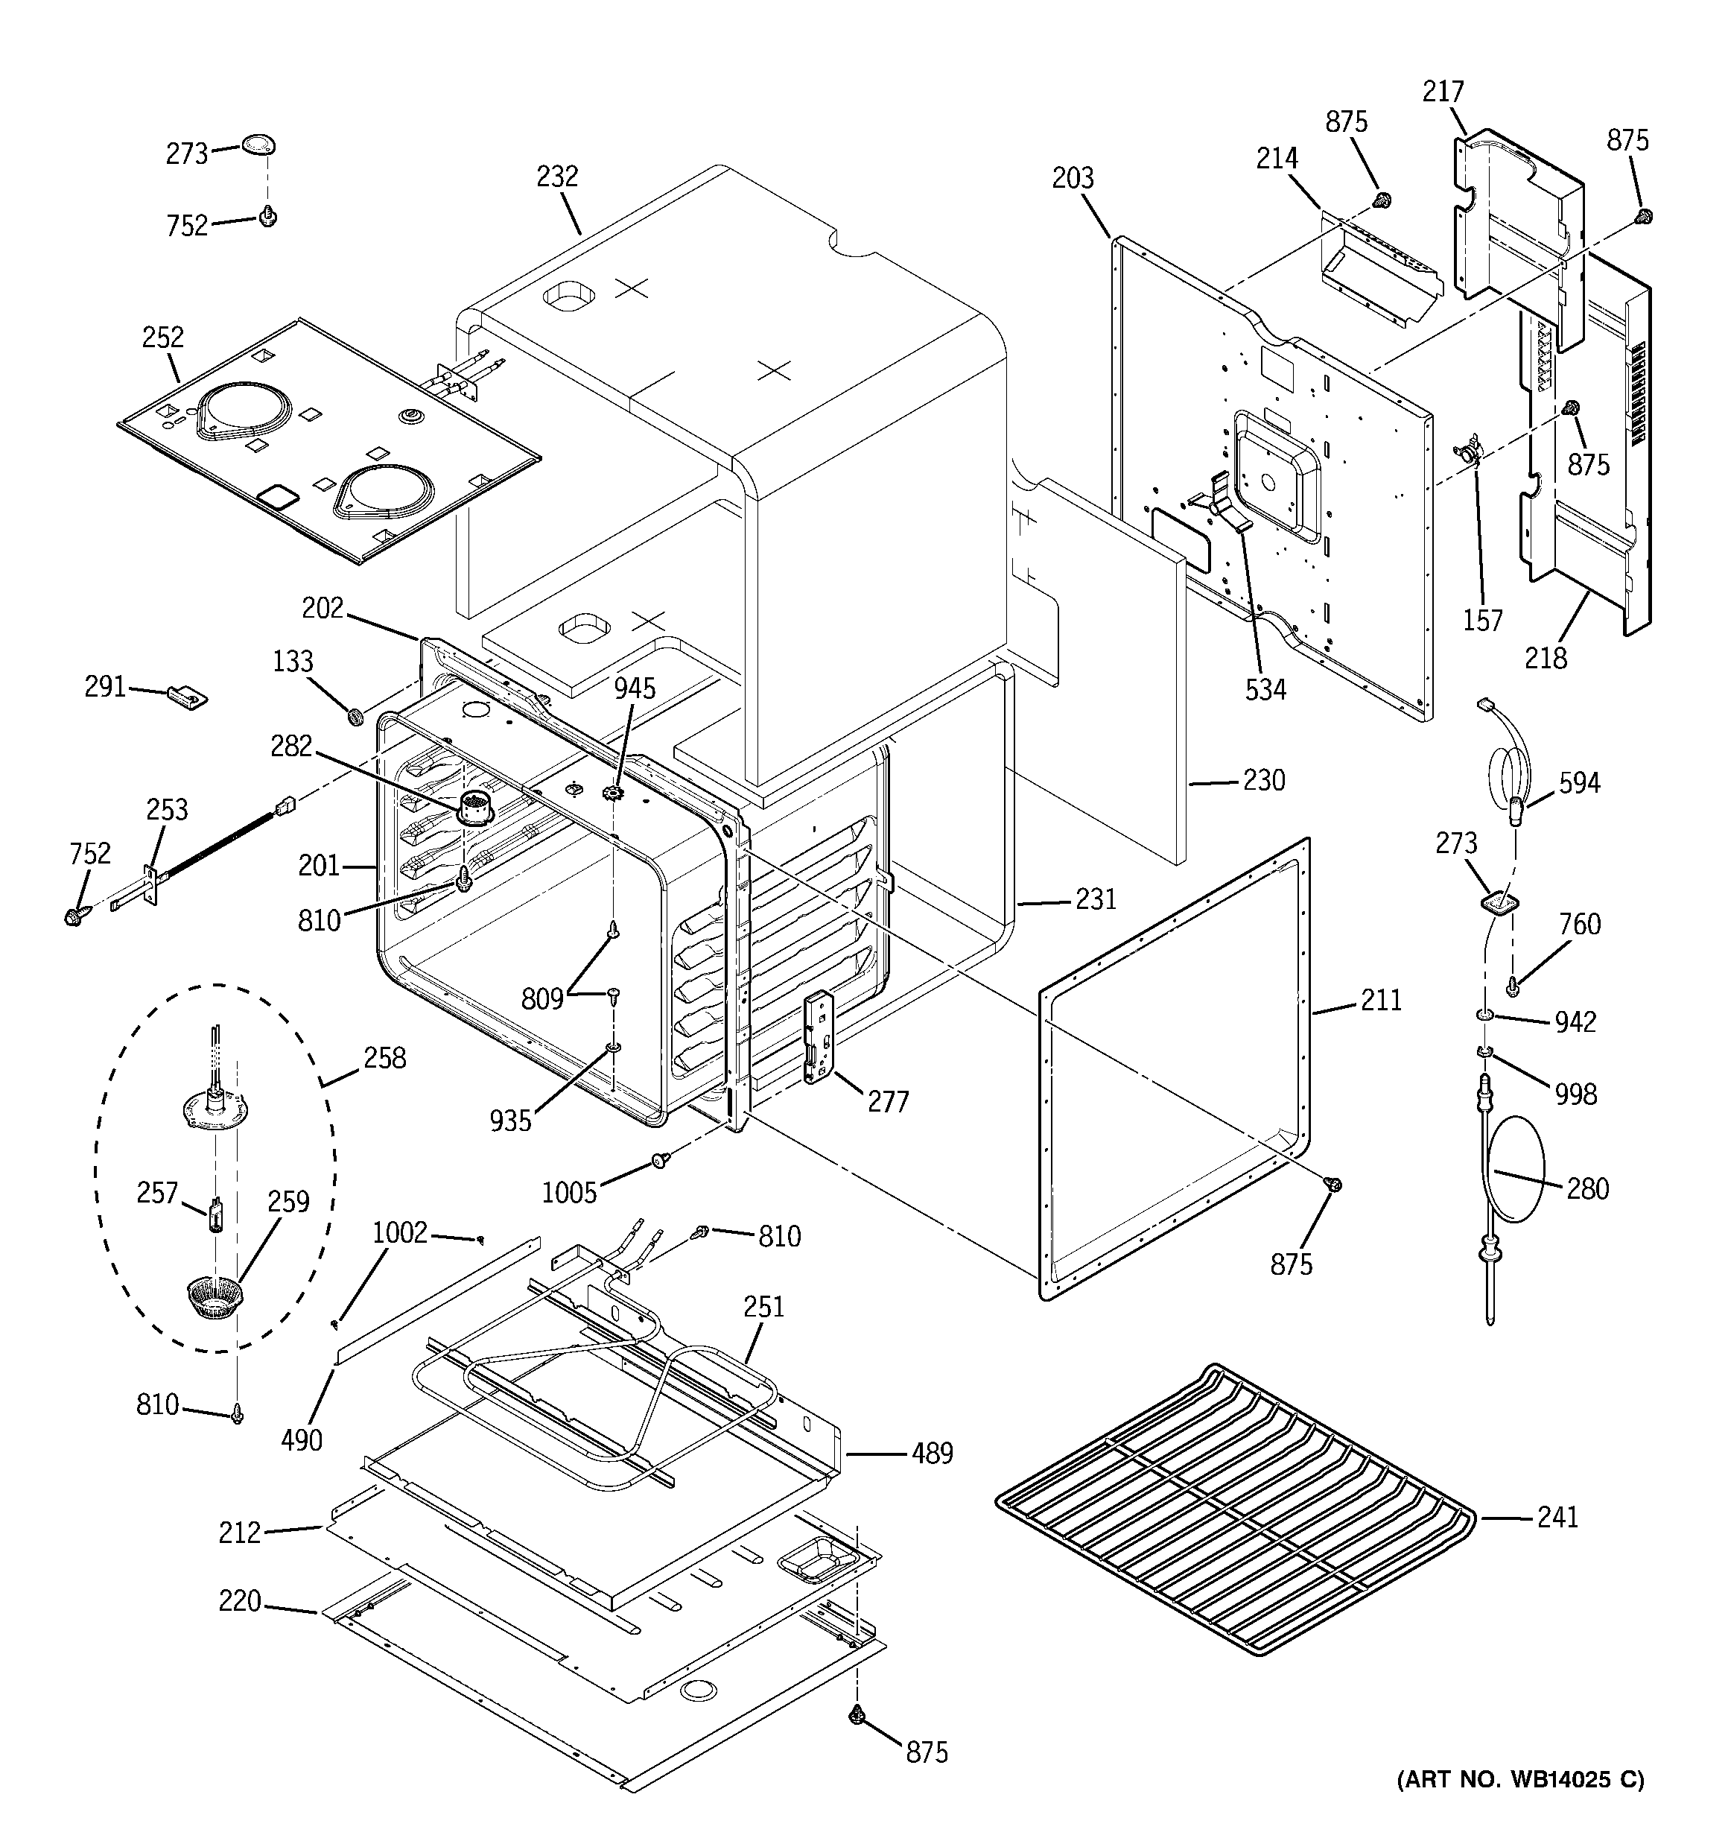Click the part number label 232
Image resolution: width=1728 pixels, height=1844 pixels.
556,177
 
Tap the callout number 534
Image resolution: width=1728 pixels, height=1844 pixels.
1265,689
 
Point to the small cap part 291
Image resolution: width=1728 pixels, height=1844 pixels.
188,694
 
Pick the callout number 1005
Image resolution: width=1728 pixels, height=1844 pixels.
568,1192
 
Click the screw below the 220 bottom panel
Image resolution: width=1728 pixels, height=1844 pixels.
856,1716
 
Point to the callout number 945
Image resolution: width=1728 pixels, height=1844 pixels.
635,688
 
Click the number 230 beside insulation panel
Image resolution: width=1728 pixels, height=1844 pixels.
1263,780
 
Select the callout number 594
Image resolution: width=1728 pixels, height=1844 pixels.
1579,784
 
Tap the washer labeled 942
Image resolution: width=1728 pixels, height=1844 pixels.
1486,1018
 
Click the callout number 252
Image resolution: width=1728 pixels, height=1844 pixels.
162,337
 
